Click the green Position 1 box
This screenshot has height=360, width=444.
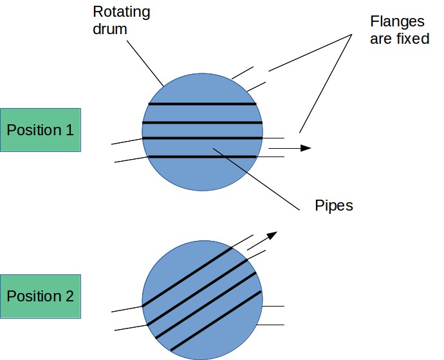pos(41,129)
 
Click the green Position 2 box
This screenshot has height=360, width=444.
pos(41,296)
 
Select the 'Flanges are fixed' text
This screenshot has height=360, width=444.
pos(399,30)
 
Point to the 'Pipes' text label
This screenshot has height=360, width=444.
pos(334,206)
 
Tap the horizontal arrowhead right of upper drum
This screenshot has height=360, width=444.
pos(306,148)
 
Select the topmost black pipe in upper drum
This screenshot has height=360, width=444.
pos(203,104)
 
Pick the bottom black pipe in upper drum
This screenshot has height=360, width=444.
pos(203,156)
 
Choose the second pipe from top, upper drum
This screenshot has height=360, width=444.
pos(203,122)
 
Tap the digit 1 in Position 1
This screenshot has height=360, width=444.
pos(69,129)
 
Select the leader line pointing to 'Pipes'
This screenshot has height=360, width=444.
pos(257,179)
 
